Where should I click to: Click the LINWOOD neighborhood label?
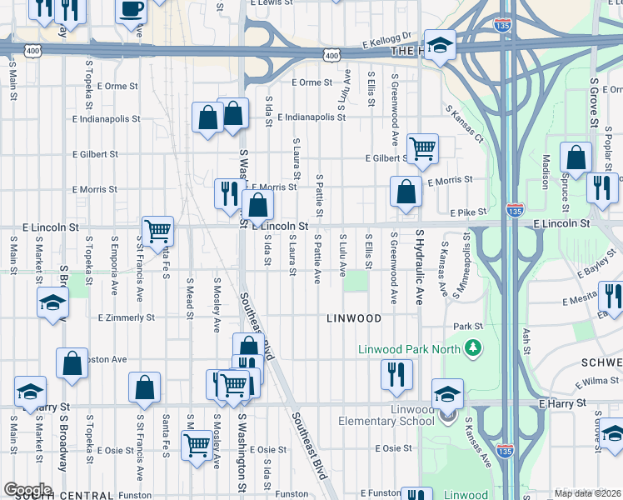(x=354, y=318)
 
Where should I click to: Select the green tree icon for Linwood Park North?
(x=474, y=347)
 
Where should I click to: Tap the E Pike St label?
(x=467, y=212)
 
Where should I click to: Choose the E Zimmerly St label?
(x=126, y=317)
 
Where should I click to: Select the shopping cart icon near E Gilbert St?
(x=423, y=150)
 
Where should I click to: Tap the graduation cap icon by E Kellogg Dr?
(x=440, y=46)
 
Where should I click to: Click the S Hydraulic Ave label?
(x=420, y=267)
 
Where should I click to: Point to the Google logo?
(x=27, y=490)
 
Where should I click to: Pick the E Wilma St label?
(x=598, y=381)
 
